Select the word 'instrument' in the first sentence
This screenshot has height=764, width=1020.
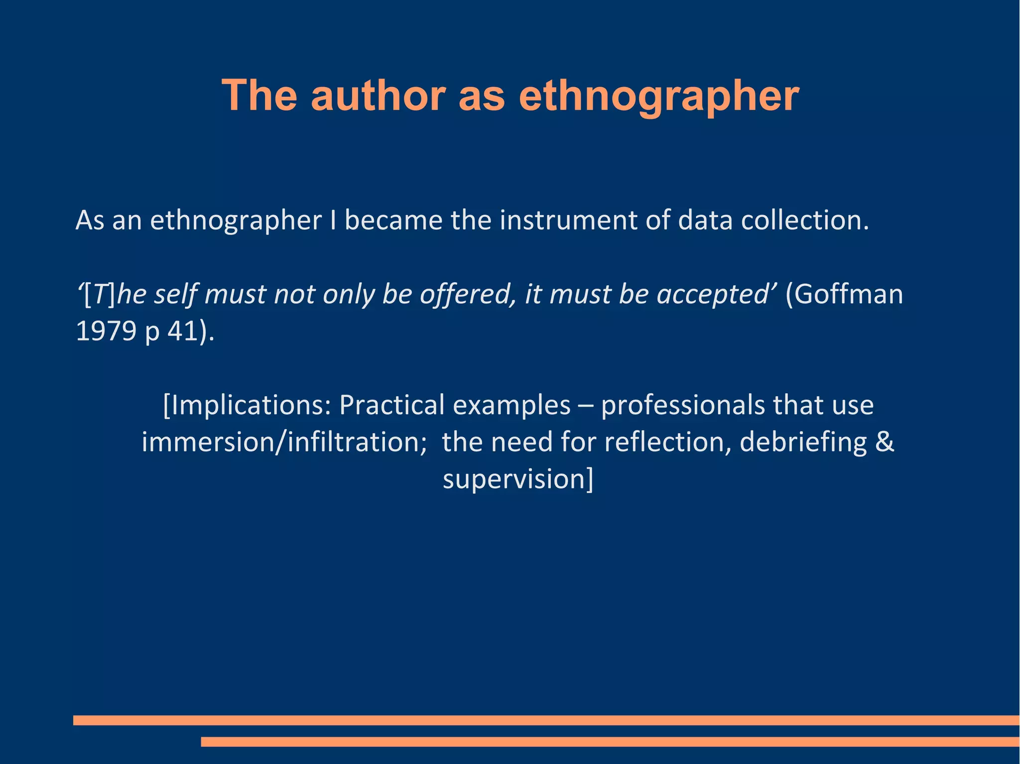pos(568,220)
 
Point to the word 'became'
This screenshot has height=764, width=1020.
pos(393,220)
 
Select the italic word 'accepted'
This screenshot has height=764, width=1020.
pos(713,295)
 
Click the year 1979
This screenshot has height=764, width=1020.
pos(106,331)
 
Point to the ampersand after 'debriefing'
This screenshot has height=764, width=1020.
pos(885,442)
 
